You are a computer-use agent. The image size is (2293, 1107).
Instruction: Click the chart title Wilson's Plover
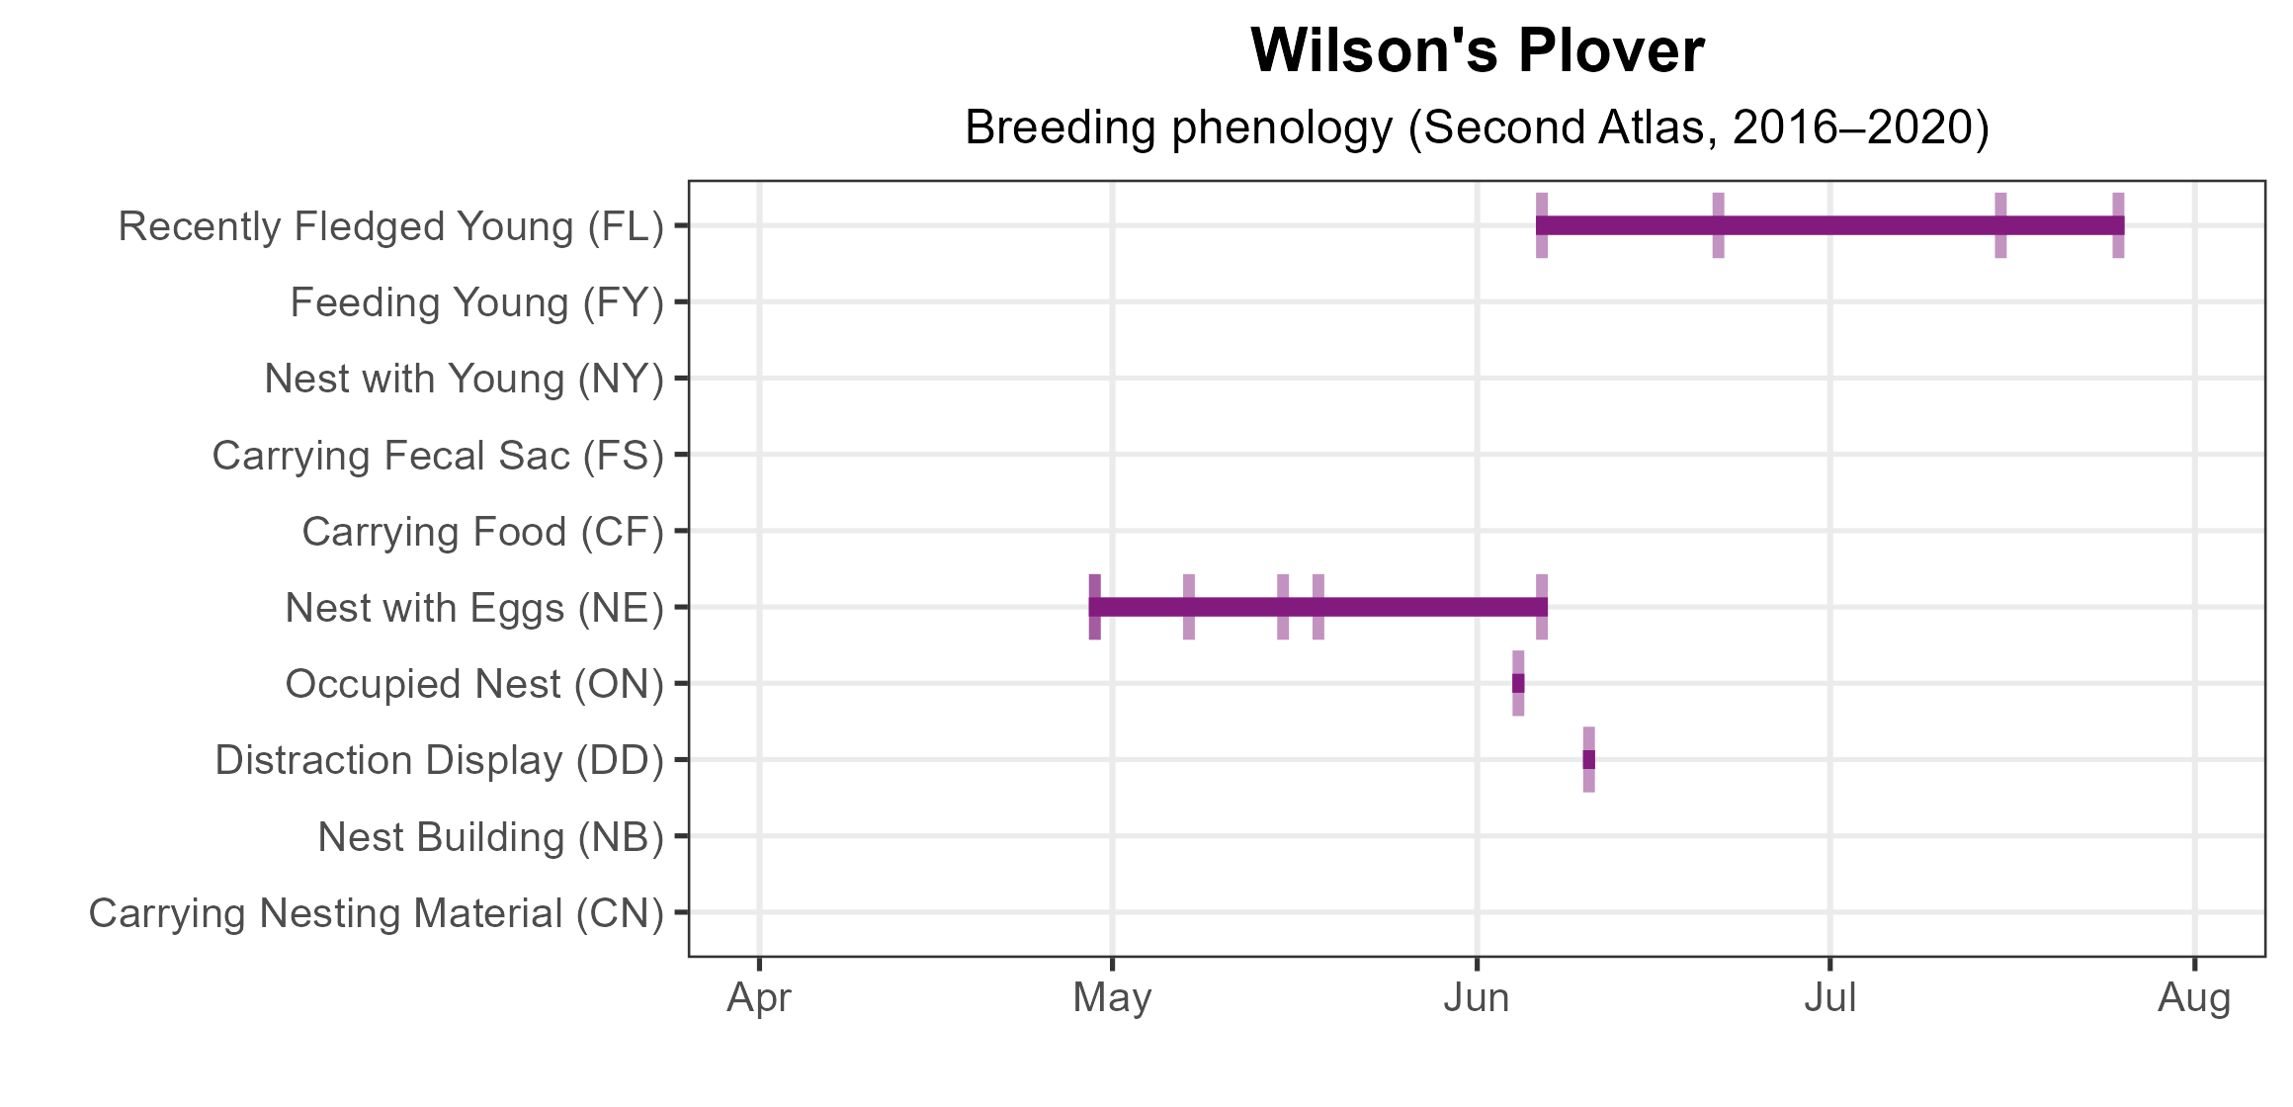coord(1477,50)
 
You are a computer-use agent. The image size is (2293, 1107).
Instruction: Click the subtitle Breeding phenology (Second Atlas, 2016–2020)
coord(1477,128)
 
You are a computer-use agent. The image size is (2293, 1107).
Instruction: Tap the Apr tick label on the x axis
coord(759,998)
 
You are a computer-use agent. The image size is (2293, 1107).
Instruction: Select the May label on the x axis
coord(1112,998)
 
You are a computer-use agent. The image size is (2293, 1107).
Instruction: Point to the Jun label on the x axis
coord(1477,998)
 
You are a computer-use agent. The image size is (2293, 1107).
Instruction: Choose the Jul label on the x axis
coord(1829,998)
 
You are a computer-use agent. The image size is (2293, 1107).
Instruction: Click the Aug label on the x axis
coord(2194,998)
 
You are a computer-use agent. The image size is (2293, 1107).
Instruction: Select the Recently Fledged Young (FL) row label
coord(390,226)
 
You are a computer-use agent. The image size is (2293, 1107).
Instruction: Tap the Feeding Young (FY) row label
coord(476,302)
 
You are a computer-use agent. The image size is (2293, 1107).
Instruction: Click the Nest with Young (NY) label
coord(464,379)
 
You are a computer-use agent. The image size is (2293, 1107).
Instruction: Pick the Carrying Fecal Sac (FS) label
coord(438,456)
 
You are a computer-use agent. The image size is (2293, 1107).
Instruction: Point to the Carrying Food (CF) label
coord(482,532)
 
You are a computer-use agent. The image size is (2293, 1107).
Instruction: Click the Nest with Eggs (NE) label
coord(474,608)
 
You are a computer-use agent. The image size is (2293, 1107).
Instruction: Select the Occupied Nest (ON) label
coord(474,684)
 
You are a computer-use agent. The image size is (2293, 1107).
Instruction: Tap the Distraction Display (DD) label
coord(439,760)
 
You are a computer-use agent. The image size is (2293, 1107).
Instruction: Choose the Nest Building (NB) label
coord(490,837)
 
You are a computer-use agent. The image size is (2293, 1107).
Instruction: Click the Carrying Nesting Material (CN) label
coord(377,913)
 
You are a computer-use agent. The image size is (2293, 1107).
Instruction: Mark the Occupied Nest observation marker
coord(1518,683)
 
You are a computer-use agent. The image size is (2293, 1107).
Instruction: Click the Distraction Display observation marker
coord(1588,759)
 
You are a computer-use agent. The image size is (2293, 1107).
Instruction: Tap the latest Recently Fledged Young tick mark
coord(2118,225)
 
